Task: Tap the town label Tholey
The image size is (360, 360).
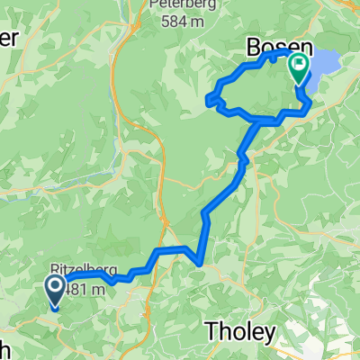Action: [x=241, y=331]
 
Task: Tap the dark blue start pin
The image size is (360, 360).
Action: [x=54, y=291]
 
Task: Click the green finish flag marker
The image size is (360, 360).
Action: [x=297, y=66]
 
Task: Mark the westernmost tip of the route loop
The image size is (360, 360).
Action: [x=210, y=99]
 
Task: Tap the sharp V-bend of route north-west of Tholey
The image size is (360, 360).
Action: [x=198, y=263]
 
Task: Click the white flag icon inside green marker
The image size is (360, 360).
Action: [x=297, y=64]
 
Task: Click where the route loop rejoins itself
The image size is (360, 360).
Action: [x=262, y=120]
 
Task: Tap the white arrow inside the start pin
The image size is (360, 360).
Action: [x=54, y=287]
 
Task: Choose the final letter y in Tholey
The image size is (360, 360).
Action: [x=269, y=334]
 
